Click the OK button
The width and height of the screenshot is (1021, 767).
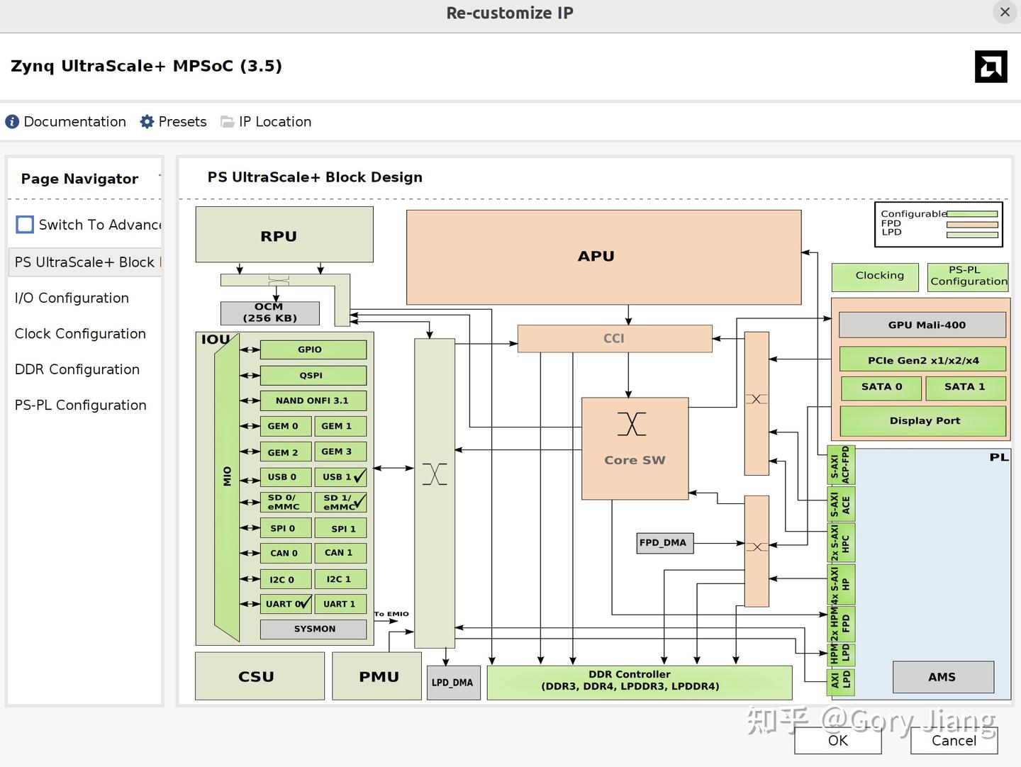[x=837, y=740]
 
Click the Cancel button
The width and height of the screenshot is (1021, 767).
[x=954, y=740]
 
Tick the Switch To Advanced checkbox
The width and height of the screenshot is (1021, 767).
[x=25, y=225]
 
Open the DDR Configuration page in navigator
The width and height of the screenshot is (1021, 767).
[x=77, y=369]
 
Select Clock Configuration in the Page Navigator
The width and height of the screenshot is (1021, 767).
[x=80, y=334]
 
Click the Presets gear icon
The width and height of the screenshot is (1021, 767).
[x=147, y=122]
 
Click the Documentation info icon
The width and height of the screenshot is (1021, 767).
[x=12, y=122]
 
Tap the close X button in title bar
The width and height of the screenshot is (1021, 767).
[x=1005, y=12]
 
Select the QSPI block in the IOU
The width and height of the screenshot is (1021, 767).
[x=313, y=375]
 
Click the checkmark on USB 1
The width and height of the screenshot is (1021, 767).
[x=360, y=476]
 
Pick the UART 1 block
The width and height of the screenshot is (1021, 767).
[x=340, y=604]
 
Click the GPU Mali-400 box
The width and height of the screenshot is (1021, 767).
[x=922, y=325]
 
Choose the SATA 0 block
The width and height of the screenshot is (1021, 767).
[x=881, y=387]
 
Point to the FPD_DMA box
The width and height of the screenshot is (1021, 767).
[x=664, y=543]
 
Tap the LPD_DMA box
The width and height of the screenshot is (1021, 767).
[x=453, y=683]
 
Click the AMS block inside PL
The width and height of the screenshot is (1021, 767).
[x=942, y=677]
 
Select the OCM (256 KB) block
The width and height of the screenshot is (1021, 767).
[x=269, y=313]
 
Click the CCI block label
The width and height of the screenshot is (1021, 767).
[x=614, y=339]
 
